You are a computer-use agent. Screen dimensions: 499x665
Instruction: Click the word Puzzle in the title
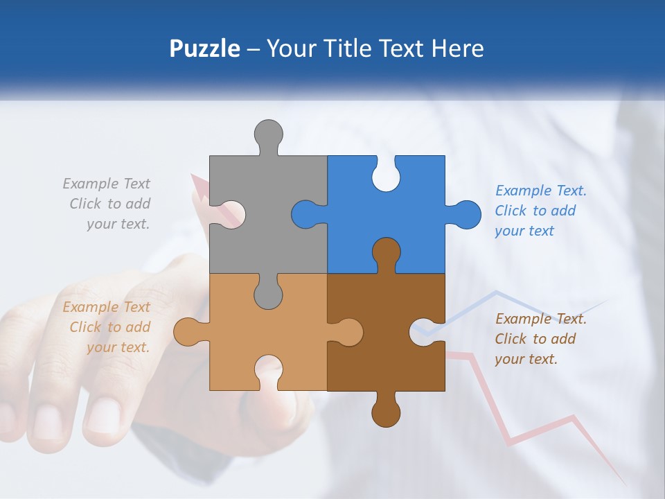click(x=204, y=49)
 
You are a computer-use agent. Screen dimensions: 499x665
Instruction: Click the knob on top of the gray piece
click(x=269, y=134)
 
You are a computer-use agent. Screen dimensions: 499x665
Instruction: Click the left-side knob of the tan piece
click(x=187, y=332)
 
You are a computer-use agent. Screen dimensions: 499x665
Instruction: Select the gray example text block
click(x=107, y=204)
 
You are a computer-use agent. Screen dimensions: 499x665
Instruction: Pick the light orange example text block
click(x=107, y=327)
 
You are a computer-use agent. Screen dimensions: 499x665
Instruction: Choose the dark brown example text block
click(x=540, y=339)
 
